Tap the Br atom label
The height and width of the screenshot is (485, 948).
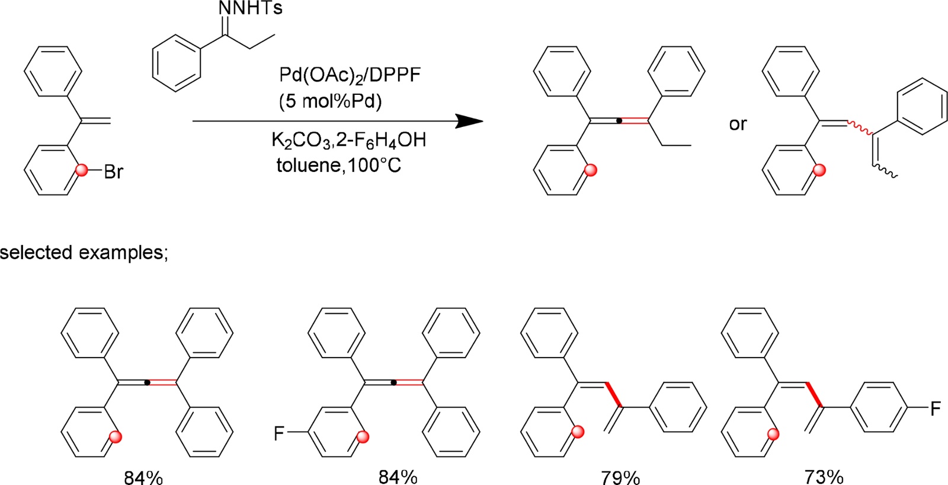pyautogui.click(x=113, y=172)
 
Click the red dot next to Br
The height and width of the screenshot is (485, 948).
pyautogui.click(x=82, y=171)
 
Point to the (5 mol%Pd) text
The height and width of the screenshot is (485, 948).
pyautogui.click(x=330, y=101)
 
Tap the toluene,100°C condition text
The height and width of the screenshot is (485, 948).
pyautogui.click(x=338, y=165)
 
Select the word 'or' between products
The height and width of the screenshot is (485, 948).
pyautogui.click(x=738, y=124)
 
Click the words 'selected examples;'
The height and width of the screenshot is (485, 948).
pyautogui.click(x=84, y=253)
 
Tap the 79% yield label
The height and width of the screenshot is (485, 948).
pyautogui.click(x=620, y=476)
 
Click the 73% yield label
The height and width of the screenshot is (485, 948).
pyautogui.click(x=824, y=476)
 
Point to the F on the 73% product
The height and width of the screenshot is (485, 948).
pyautogui.click(x=935, y=409)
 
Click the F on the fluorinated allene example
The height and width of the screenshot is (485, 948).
pyautogui.click(x=279, y=433)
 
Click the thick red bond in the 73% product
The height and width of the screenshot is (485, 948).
pyautogui.click(x=814, y=394)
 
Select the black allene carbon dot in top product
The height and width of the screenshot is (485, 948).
pyautogui.click(x=619, y=121)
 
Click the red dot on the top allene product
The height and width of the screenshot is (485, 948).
pyautogui.click(x=590, y=171)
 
